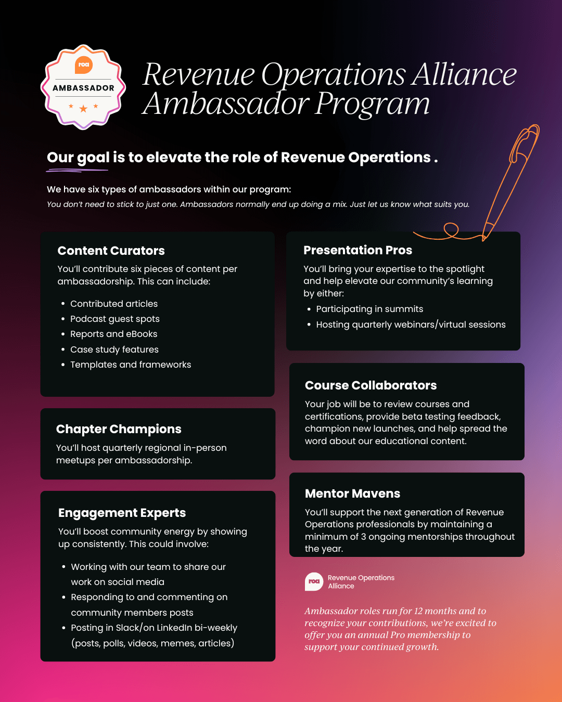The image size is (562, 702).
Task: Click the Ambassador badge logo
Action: [x=83, y=87]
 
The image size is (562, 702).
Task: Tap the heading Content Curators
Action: [x=111, y=251]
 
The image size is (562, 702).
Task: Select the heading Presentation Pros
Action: [x=357, y=250]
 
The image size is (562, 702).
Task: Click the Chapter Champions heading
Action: [x=119, y=429]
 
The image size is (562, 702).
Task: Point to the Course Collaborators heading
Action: [x=371, y=385]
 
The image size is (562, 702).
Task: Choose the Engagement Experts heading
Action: [x=122, y=513]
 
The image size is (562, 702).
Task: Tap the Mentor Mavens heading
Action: [x=352, y=493]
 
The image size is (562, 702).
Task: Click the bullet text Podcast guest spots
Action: [x=114, y=319]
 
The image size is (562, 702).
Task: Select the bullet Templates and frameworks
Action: [x=131, y=365]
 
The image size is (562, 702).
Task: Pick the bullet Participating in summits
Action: [x=369, y=309]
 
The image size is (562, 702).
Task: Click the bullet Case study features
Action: [x=114, y=349]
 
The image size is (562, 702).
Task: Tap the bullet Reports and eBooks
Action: [x=113, y=334]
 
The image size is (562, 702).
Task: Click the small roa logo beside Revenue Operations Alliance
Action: [x=314, y=581]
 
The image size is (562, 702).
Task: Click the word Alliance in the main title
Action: [x=464, y=74]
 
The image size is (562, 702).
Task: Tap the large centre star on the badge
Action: [x=83, y=109]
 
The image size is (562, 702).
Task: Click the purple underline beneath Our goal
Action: [x=77, y=170]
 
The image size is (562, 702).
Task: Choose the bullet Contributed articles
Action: [x=113, y=304]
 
